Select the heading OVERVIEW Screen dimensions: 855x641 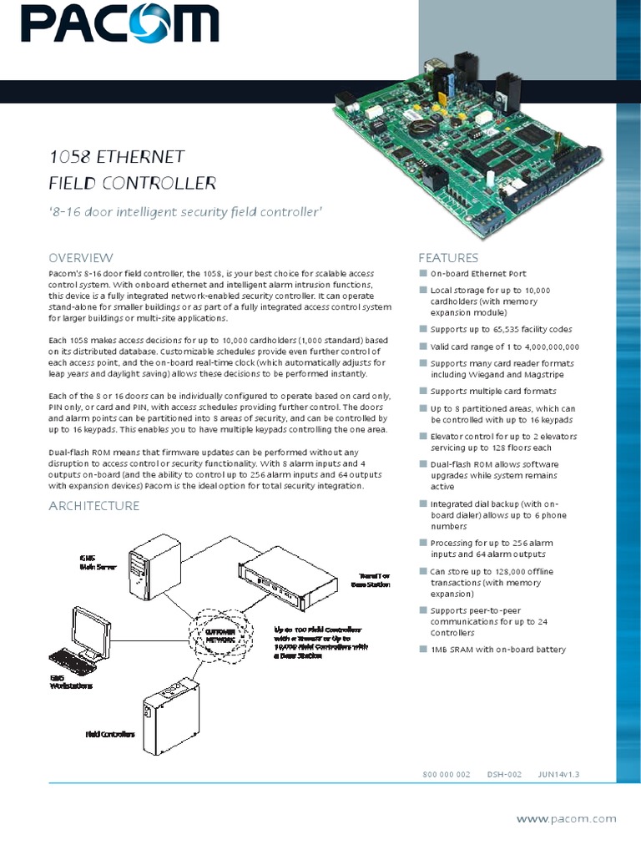tap(80, 258)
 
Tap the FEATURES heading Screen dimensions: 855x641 tap(448, 258)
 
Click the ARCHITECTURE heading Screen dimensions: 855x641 tap(93, 506)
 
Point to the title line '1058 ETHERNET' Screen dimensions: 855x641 tap(116, 157)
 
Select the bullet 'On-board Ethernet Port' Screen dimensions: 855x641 tap(477, 274)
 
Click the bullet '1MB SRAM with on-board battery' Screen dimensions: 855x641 tap(497, 650)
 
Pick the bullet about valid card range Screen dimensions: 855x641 tap(504, 347)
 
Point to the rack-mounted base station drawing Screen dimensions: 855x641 tap(289, 580)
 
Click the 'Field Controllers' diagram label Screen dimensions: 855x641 tap(110, 735)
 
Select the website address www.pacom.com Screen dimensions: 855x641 tap(566, 819)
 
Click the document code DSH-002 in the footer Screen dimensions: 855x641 tap(504, 775)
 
